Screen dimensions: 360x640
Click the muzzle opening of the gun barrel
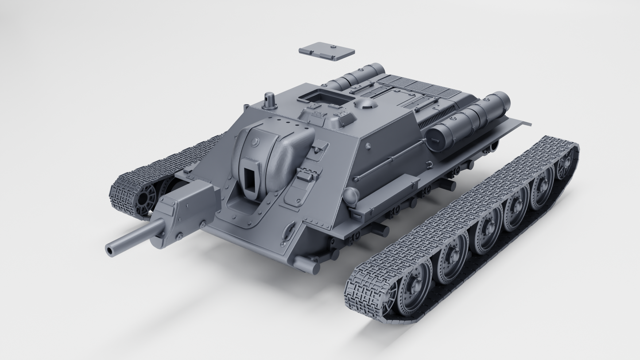pos(109,251)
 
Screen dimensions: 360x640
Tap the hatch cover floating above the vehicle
pos(326,51)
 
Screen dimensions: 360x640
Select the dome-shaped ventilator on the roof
pos(365,104)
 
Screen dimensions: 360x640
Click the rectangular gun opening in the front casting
pos(249,182)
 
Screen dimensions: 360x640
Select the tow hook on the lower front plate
pos(288,231)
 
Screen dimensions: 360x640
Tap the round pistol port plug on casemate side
pos(368,146)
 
